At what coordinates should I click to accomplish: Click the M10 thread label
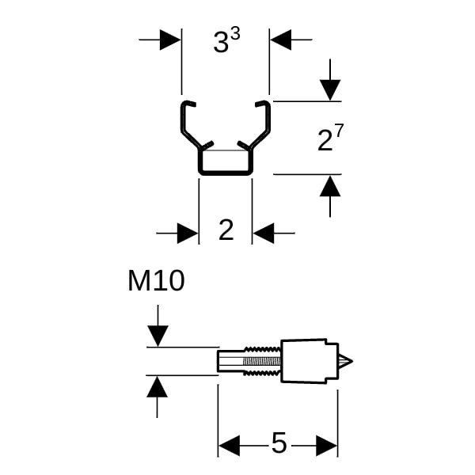(156, 281)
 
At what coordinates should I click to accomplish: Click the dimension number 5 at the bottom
(279, 444)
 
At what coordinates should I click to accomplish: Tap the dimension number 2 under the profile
(226, 230)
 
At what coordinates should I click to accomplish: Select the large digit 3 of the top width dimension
(221, 44)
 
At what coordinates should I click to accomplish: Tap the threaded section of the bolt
(261, 362)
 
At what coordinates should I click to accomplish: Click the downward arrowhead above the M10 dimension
(158, 336)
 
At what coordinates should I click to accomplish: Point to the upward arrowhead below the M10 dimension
(158, 386)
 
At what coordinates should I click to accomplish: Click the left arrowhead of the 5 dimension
(229, 446)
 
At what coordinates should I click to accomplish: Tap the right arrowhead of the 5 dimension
(327, 446)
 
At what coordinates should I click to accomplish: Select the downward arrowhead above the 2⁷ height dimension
(330, 90)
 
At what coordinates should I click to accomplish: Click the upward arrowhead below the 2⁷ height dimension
(330, 186)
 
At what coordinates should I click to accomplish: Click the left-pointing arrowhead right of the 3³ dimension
(280, 40)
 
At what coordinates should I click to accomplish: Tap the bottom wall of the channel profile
(225, 172)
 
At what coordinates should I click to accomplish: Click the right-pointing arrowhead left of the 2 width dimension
(188, 233)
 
